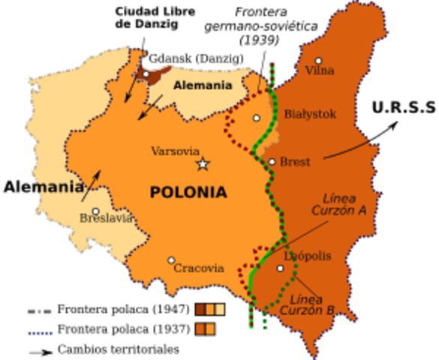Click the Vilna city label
pos(319,71)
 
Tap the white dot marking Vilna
pos(318,61)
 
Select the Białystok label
pos(310,115)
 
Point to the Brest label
pos(295,162)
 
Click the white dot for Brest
pos(272,161)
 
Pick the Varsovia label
pos(176,151)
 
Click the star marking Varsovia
pos(202,164)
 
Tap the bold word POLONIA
pos(188,193)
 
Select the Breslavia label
pos(107,219)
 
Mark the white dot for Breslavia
pos(95,211)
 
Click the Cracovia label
pos(199,268)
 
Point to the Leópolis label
pos(308,256)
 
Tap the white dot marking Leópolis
pos(280,268)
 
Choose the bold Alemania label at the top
pos(203,85)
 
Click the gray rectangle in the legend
pos(39,311)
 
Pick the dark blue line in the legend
pos(40,332)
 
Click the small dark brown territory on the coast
pos(158,76)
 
